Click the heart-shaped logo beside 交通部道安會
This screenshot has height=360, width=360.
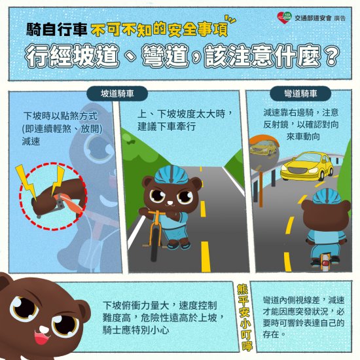pyautogui.click(x=284, y=18)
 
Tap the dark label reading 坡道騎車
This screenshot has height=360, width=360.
pyautogui.click(x=117, y=94)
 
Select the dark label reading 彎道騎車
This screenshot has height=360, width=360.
pyautogui.click(x=300, y=94)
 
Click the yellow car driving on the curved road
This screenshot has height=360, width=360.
pyautogui.click(x=307, y=166)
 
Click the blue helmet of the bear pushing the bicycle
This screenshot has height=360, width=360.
pyautogui.click(x=171, y=175)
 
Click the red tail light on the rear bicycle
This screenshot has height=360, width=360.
pyautogui.click(x=325, y=263)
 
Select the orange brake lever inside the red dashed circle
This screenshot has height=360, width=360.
pyautogui.click(x=71, y=202)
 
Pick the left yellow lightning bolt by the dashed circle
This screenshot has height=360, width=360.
pyautogui.click(x=26, y=181)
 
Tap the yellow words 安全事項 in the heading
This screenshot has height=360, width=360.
pyautogui.click(x=198, y=30)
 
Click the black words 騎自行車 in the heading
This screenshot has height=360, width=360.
pyautogui.click(x=57, y=29)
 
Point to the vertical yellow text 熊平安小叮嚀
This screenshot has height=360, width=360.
pyautogui.click(x=244, y=317)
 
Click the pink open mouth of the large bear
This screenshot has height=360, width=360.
pyautogui.click(x=42, y=337)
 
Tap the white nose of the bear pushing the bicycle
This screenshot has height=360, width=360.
pyautogui.click(x=170, y=203)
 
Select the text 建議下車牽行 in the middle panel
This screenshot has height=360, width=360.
pyautogui.click(x=167, y=126)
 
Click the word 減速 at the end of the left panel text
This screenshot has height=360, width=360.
pyautogui.click(x=31, y=141)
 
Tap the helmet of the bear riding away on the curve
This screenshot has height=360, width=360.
pyautogui.click(x=327, y=196)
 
